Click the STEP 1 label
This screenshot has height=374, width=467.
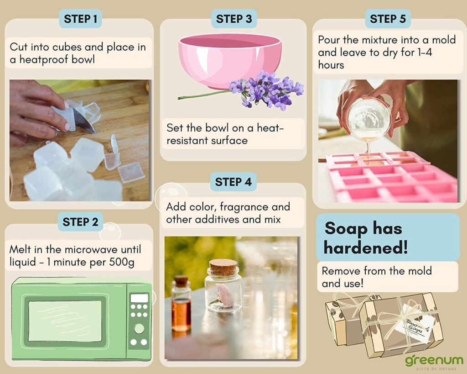[80, 19]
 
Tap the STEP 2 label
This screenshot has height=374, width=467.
[80, 222]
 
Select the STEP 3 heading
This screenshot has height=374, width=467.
[233, 19]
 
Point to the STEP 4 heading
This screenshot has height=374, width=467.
[233, 182]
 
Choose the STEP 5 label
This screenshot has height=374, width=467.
[388, 19]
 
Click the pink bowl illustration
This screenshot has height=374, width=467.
[229, 59]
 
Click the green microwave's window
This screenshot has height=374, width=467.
[65, 321]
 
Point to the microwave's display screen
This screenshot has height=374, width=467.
[139, 298]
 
